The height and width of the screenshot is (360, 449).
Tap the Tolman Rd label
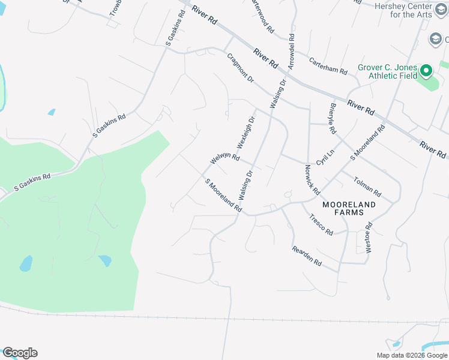coord(367,187)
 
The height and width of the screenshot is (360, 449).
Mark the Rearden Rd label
coord(307,256)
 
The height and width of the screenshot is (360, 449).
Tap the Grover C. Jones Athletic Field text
coord(387,71)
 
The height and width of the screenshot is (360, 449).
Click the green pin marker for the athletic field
coord(426,71)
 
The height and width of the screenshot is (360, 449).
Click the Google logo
coord(20,353)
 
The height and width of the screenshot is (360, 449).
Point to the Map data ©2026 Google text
coord(412,355)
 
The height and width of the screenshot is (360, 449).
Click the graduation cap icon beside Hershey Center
coord(435,40)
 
